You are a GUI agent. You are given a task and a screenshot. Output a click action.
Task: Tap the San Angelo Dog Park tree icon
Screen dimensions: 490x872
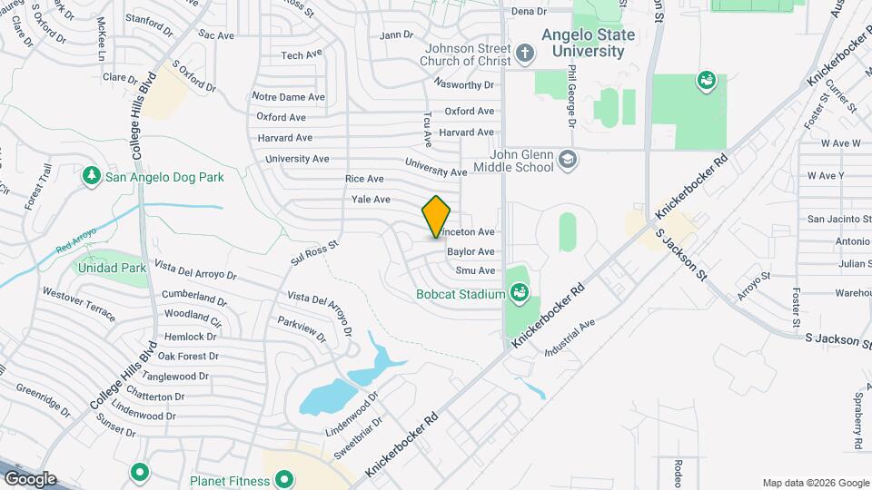91,176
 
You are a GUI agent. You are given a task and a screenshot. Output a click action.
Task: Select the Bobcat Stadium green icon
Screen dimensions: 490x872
520,292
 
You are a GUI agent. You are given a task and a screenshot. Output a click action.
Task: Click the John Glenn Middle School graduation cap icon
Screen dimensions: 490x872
568,161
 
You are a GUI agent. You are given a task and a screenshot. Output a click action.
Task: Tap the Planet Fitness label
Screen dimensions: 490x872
230,481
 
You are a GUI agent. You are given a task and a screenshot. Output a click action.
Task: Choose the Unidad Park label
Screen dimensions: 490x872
112,268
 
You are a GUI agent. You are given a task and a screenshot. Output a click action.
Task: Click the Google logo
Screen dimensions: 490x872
29,479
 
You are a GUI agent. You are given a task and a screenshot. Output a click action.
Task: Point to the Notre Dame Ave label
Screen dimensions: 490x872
289,96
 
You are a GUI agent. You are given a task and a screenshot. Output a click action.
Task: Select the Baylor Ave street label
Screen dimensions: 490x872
471,251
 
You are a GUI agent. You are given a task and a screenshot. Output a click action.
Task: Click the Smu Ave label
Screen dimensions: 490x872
475,270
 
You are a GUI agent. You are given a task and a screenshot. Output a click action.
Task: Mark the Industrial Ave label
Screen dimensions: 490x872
569,337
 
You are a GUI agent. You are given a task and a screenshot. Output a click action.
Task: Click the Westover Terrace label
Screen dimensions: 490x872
79,304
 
